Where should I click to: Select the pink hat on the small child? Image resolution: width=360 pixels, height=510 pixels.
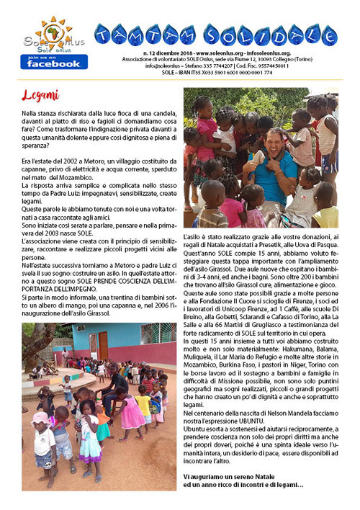pyautogui.click(x=41, y=418)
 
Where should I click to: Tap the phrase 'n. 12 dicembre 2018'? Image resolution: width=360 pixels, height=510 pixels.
pyautogui.click(x=166, y=53)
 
